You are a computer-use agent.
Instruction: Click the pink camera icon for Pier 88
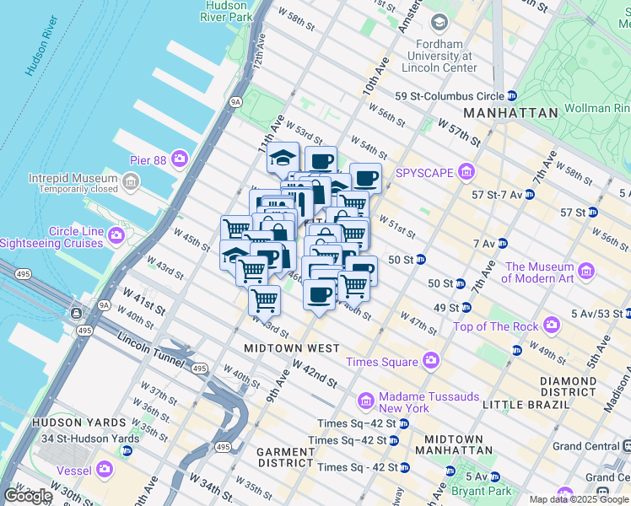(180, 158)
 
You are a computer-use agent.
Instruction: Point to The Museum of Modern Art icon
(587, 272)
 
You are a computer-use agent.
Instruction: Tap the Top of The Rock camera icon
(552, 324)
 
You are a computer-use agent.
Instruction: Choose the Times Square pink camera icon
(431, 361)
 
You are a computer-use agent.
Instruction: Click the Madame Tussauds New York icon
(367, 400)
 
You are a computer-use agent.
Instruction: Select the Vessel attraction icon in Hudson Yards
(104, 468)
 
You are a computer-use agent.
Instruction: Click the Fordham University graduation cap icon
(439, 23)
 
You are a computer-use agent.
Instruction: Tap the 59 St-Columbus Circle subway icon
(512, 96)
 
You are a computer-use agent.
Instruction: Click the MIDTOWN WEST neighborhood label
(291, 348)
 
